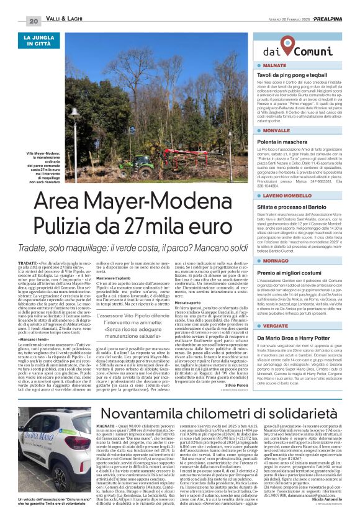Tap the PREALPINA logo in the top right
coord(336,20)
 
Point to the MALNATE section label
coord(274,65)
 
